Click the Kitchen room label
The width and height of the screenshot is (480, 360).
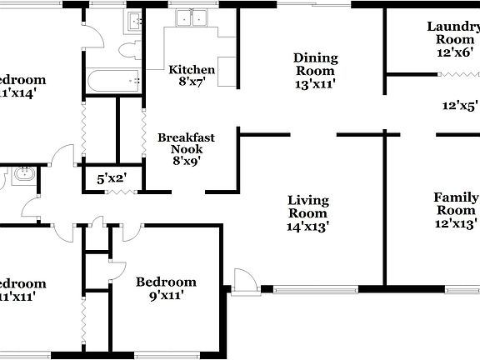pos(192,69)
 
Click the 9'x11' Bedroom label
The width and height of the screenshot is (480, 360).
pos(166,282)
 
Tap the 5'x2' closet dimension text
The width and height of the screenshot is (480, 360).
pos(110,177)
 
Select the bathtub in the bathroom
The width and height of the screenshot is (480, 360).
pos(112,81)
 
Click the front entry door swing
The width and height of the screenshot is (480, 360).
pos(242,281)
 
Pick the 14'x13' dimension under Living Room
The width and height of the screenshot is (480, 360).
pos(307,226)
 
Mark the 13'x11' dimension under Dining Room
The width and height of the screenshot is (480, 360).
pos(315,84)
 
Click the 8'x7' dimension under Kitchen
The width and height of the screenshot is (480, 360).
pos(192,82)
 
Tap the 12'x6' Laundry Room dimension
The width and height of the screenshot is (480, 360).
pos(454,52)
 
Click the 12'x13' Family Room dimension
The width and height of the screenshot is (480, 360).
pos(456,223)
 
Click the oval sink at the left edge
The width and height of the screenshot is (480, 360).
pos(22,175)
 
